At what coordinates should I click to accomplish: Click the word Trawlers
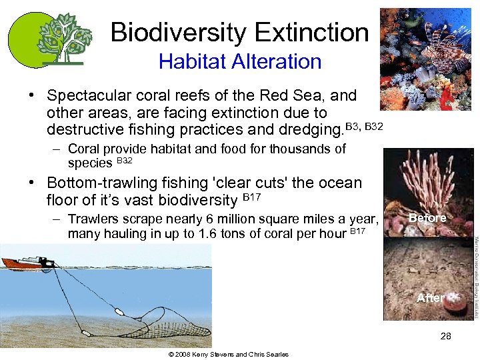tap(94, 219)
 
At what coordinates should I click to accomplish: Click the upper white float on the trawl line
tap(118, 311)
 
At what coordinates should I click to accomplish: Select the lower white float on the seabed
tap(85, 332)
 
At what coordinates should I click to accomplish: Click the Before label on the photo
tap(427, 218)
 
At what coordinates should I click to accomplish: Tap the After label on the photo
tap(430, 298)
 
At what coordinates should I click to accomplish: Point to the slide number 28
tap(445, 336)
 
